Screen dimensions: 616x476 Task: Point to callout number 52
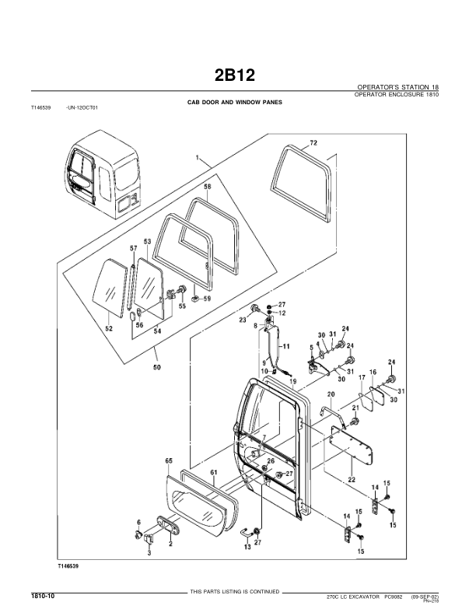coord(110,329)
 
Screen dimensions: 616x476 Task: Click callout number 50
coord(158,367)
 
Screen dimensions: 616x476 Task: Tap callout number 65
coord(168,461)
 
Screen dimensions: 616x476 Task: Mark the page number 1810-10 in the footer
coord(42,595)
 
